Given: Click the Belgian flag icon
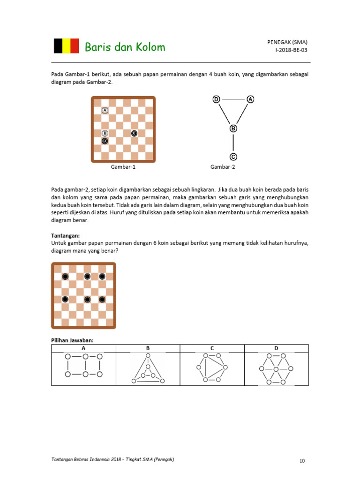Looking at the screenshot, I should (66, 46).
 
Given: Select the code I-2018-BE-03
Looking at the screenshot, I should (292, 50).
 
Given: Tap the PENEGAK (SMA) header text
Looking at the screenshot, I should (287, 42).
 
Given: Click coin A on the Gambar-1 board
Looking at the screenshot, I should (105, 111).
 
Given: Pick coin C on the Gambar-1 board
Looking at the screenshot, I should (134, 133).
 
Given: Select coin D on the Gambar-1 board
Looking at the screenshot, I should (105, 141).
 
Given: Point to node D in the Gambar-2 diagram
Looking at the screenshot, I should (216, 99).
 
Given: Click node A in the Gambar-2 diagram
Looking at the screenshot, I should (250, 99).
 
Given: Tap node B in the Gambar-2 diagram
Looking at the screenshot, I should (233, 128).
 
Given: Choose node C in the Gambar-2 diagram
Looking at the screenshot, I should (233, 157).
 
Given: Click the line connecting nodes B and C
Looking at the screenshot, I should (233, 143).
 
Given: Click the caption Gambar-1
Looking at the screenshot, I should (123, 167).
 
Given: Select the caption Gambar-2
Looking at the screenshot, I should (223, 167).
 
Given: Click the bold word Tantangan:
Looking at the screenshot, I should (65, 235).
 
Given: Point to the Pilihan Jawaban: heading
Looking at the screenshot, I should (72, 340).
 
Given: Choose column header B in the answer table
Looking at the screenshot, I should (148, 348).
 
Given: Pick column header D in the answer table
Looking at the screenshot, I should (276, 348).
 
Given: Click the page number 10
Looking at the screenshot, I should (302, 461).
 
